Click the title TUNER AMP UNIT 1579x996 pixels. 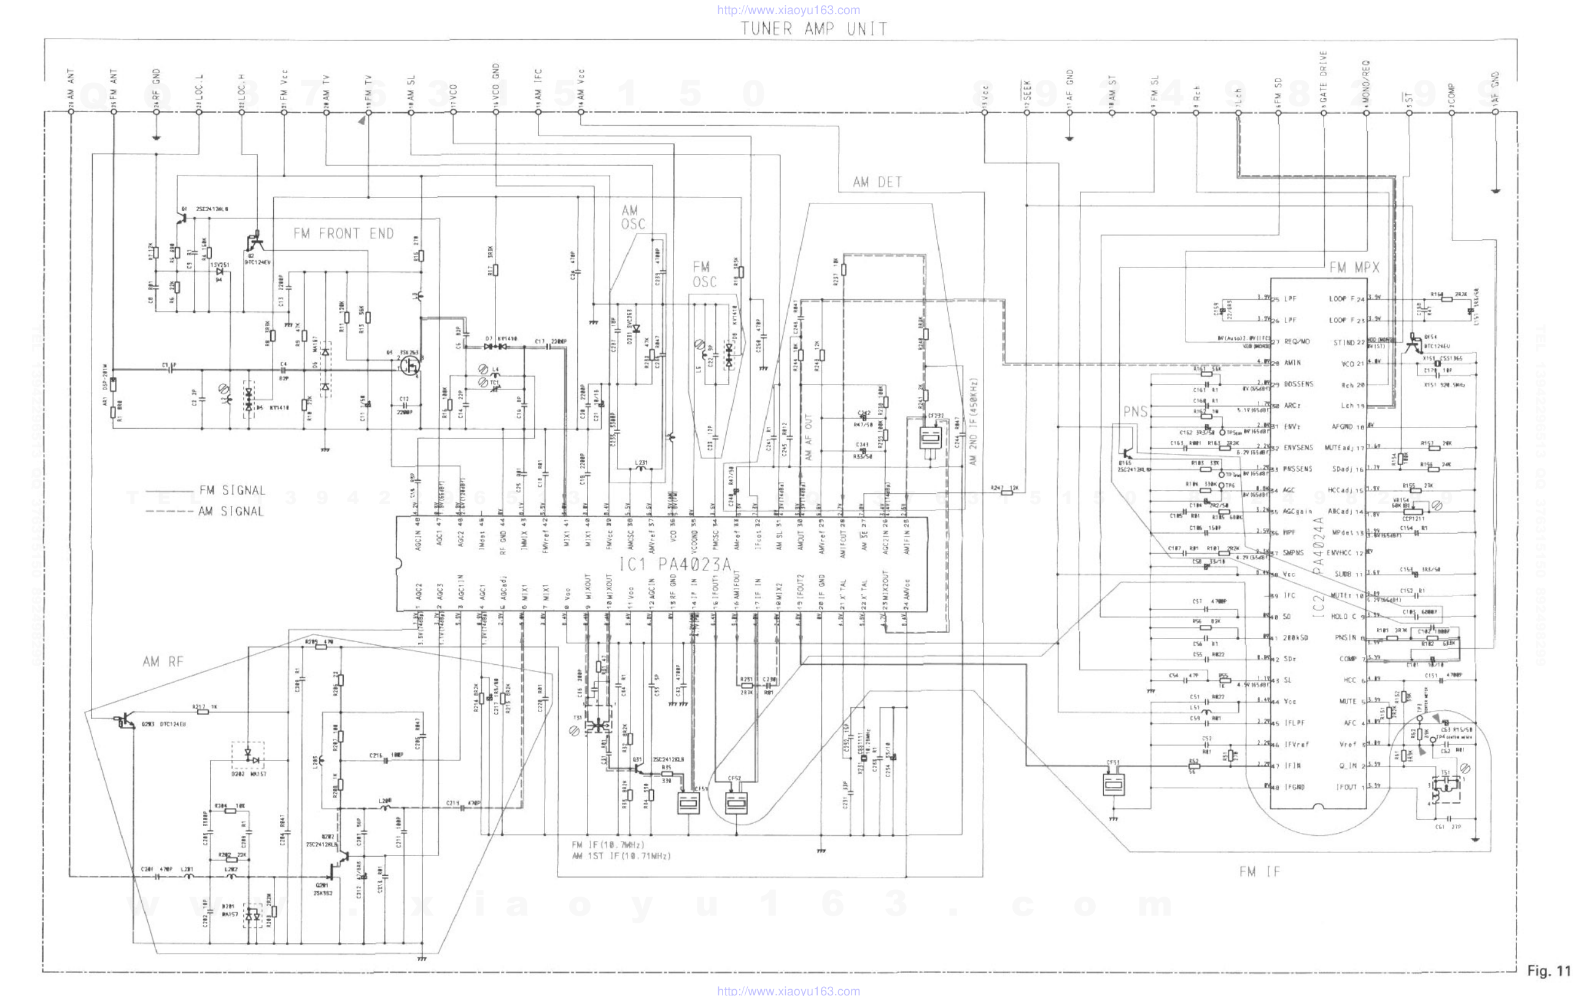814,29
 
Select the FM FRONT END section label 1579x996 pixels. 343,234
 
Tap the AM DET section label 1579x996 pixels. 877,182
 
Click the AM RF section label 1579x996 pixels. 163,662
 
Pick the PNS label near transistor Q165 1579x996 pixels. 1135,412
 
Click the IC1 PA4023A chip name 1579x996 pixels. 675,564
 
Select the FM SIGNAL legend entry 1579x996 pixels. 232,490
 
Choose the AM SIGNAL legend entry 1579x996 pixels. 231,511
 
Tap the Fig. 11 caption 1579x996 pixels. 1549,970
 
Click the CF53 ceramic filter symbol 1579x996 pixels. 1114,783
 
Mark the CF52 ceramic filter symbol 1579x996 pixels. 735,802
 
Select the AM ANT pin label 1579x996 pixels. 71,85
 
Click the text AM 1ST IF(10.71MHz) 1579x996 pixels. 621,856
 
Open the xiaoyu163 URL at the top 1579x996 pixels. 788,10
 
